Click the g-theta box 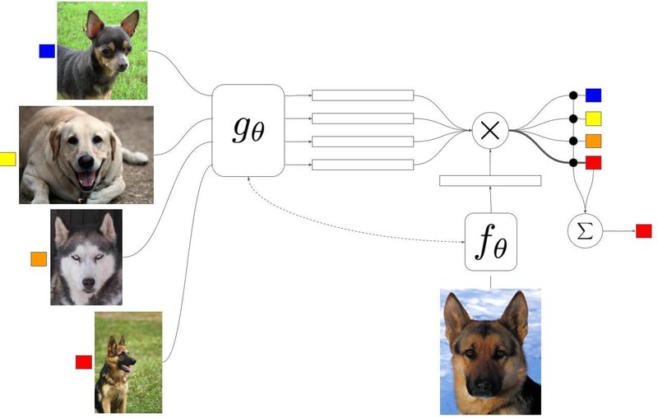248,129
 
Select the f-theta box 491,243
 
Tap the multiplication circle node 490,131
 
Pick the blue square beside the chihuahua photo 47,51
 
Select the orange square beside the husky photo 39,259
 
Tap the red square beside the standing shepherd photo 83,362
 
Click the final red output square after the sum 643,230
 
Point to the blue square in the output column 593,95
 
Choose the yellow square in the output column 593,118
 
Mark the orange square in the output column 593,140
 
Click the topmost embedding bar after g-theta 363,95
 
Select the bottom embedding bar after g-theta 363,165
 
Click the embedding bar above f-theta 490,181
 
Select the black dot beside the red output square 574,162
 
